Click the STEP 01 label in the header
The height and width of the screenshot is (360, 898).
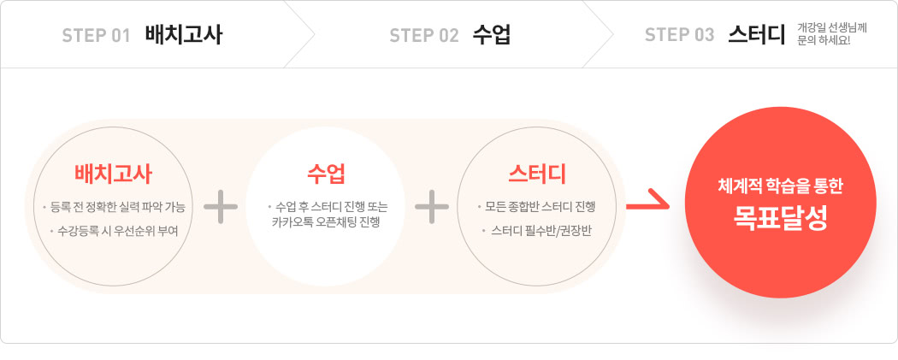coord(96,35)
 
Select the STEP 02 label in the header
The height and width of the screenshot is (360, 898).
coord(424,35)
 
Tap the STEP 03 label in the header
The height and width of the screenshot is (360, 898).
coord(679,35)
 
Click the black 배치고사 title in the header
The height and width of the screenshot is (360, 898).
coord(183,35)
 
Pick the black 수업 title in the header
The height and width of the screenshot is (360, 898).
coord(492,35)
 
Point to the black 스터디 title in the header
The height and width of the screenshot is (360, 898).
coord(756,35)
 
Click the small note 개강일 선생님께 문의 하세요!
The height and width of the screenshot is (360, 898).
coord(831,34)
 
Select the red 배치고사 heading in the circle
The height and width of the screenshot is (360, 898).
coord(114,174)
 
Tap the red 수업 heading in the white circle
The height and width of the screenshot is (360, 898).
coord(326,174)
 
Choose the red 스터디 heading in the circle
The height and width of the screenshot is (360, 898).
coord(536,174)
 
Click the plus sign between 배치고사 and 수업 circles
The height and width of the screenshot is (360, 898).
coord(221,207)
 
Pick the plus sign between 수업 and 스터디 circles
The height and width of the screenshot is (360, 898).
coord(432,207)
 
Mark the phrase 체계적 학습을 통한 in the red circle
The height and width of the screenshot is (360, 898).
coord(780,187)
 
